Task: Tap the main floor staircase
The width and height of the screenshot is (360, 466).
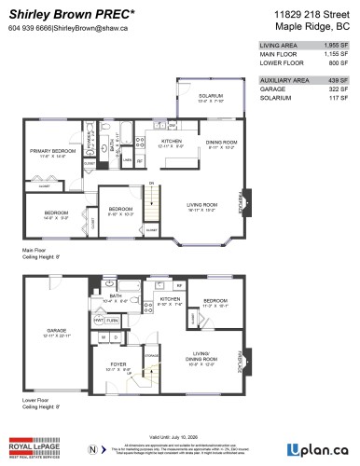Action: click(x=154, y=201)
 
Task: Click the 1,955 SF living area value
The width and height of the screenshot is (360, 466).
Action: click(x=330, y=44)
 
